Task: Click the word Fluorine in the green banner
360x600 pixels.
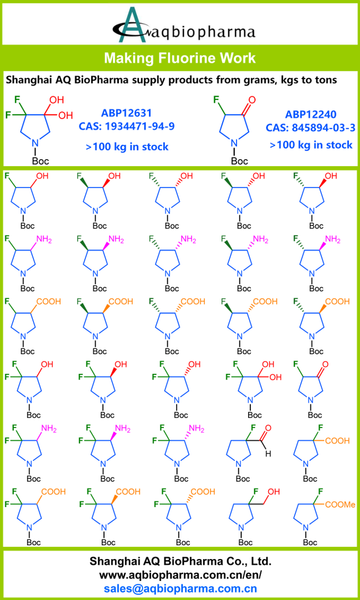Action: pyautogui.click(x=185, y=58)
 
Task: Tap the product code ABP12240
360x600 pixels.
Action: pyautogui.click(x=310, y=114)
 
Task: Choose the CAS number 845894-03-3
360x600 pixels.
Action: pyautogui.click(x=310, y=127)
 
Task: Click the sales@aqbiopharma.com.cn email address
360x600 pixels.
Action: pyautogui.click(x=180, y=588)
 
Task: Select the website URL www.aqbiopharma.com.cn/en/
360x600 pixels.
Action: pyautogui.click(x=180, y=575)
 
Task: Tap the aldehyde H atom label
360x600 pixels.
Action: pyautogui.click(x=267, y=454)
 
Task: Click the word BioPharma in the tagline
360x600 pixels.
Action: pyautogui.click(x=102, y=80)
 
